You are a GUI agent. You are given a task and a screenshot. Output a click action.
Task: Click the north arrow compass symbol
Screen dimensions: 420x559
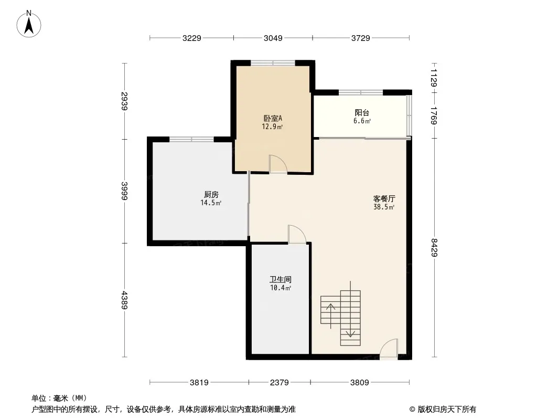pyautogui.click(x=29, y=24)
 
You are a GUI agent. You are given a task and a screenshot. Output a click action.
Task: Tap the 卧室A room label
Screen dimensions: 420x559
pyautogui.click(x=273, y=119)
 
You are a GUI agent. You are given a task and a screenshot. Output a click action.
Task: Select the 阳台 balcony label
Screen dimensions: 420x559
pyautogui.click(x=362, y=113)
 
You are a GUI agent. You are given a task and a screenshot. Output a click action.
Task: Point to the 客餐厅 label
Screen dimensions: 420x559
pyautogui.click(x=384, y=199)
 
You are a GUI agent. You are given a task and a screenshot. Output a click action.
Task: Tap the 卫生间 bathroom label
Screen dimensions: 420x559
pyautogui.click(x=281, y=280)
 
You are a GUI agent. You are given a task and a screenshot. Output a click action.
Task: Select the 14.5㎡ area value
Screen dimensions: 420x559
pyautogui.click(x=212, y=203)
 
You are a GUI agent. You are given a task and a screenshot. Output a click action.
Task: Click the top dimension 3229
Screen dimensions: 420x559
pyautogui.click(x=192, y=38)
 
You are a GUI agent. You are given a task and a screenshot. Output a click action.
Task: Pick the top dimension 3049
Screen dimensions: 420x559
pyautogui.click(x=273, y=38)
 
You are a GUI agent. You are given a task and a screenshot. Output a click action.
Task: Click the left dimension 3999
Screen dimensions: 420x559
pyautogui.click(x=124, y=191)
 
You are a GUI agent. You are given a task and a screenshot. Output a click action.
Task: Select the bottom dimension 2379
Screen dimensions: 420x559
pyautogui.click(x=279, y=383)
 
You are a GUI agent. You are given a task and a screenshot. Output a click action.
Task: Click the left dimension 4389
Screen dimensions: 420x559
pyautogui.click(x=124, y=300)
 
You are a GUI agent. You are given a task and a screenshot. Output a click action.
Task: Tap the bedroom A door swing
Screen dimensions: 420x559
pyautogui.click(x=277, y=164)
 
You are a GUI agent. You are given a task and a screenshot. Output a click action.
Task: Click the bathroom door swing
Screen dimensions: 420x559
pyautogui.click(x=296, y=235)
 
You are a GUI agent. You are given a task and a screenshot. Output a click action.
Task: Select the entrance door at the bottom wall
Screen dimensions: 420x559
pyautogui.click(x=389, y=350)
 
